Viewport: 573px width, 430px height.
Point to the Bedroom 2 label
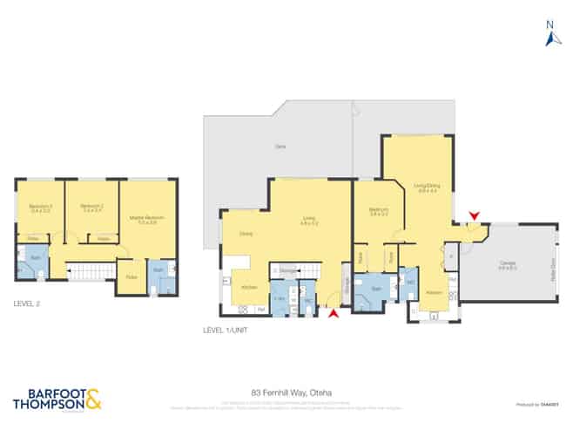click(x=92, y=209)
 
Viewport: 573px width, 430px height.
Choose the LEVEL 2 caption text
click(x=27, y=304)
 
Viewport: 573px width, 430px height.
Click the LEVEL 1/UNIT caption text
click(x=226, y=331)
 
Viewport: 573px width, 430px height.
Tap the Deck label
click(x=280, y=147)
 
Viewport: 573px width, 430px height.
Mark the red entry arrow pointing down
click(x=474, y=215)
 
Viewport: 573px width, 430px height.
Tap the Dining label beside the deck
click(x=246, y=234)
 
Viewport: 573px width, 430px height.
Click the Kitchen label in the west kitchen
click(x=248, y=287)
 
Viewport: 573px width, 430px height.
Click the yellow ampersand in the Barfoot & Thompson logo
click(x=92, y=400)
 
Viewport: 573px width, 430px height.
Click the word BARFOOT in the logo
click(x=48, y=394)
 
